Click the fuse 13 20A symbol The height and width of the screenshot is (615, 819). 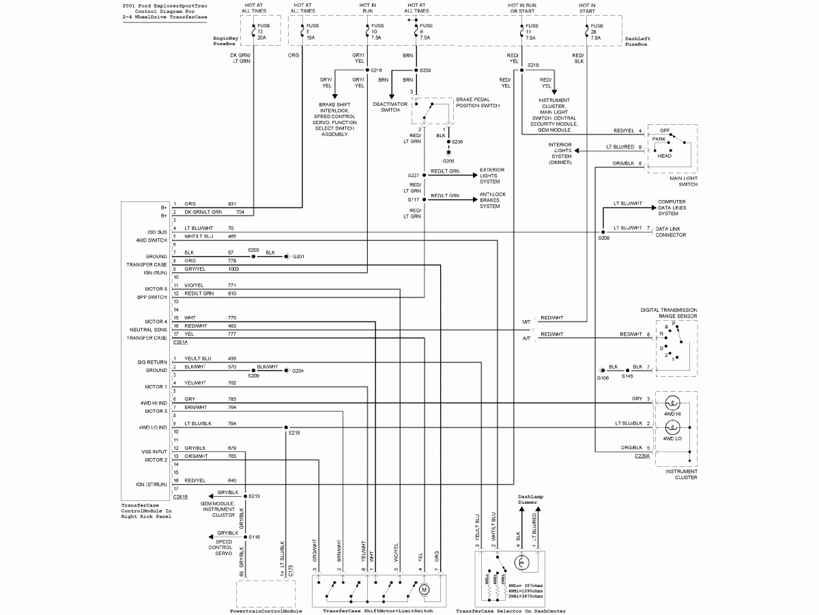[x=253, y=31]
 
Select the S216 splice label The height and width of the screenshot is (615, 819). [x=377, y=70]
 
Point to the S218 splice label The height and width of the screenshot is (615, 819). [x=533, y=66]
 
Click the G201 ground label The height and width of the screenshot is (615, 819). [x=298, y=256]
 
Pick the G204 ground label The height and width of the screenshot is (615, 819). [x=298, y=371]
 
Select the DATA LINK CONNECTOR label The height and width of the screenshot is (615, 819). [x=670, y=231]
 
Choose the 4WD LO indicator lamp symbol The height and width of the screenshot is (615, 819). [x=673, y=427]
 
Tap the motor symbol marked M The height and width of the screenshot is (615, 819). [x=423, y=588]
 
